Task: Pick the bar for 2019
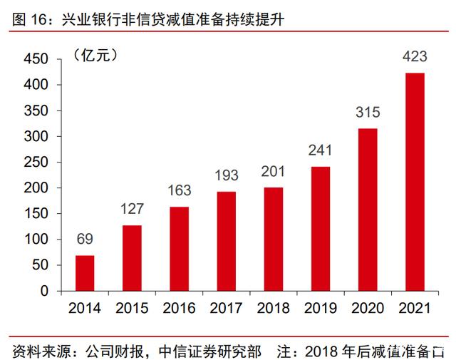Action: pyautogui.click(x=320, y=229)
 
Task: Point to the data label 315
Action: pyautogui.click(x=367, y=113)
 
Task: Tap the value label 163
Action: pyautogui.click(x=179, y=191)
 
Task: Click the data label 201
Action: pyautogui.click(x=273, y=172)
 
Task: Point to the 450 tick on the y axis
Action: pyautogui.click(x=35, y=59)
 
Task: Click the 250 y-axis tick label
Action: pyautogui.click(x=35, y=163)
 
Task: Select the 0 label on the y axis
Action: pyautogui.click(x=44, y=291)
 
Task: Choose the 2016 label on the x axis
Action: pyautogui.click(x=179, y=309)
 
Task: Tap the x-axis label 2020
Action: pyautogui.click(x=367, y=309)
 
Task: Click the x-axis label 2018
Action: pyautogui.click(x=273, y=309)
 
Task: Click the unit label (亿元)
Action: pyautogui.click(x=95, y=55)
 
